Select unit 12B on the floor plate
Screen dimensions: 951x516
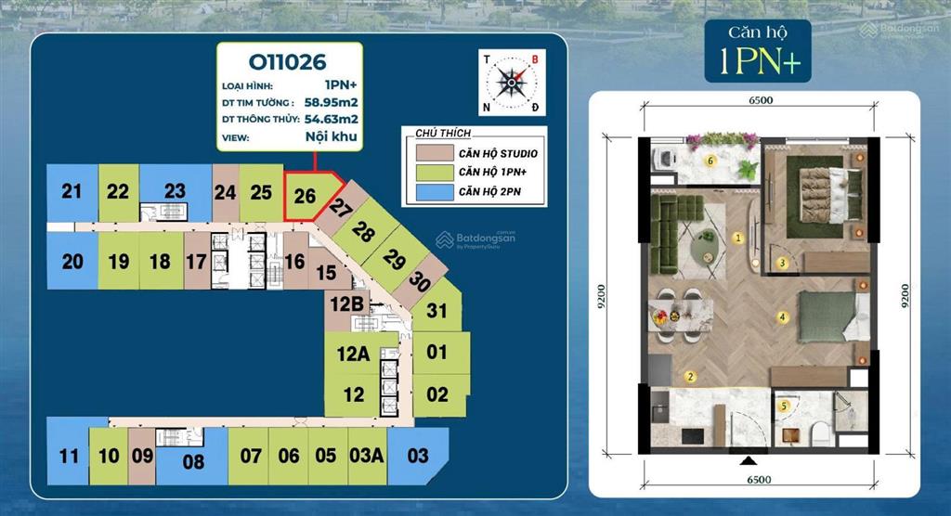[347, 303]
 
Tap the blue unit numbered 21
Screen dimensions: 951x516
[72, 191]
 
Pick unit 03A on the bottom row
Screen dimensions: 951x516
[367, 456]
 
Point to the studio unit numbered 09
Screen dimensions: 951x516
[142, 456]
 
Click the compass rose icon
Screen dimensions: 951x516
[512, 83]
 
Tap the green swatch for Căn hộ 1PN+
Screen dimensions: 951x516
[435, 173]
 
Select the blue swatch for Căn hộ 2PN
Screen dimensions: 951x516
[435, 192]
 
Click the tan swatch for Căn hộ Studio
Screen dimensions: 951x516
[435, 153]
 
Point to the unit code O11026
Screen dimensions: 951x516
[288, 62]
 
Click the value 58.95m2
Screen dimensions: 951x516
[332, 102]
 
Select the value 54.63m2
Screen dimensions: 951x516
[332, 119]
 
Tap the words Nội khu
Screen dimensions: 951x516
[332, 136]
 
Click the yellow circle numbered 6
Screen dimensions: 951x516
[710, 161]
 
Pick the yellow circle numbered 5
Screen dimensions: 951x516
[784, 406]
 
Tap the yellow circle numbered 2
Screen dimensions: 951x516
[690, 377]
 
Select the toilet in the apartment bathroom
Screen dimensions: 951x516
[820, 432]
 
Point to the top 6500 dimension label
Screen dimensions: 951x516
[761, 100]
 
